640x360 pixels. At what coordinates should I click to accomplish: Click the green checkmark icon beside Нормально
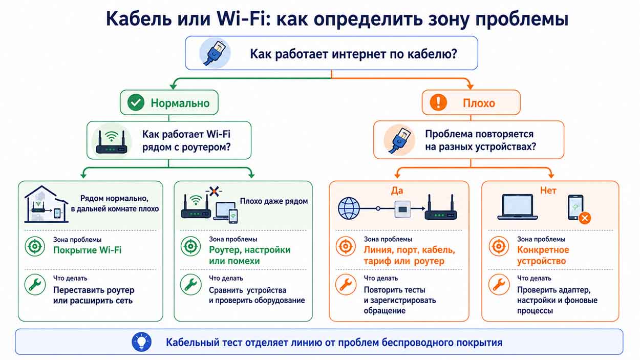coord(136,102)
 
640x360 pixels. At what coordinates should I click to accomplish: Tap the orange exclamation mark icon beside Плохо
coord(438,102)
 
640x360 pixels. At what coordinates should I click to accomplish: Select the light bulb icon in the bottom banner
coord(141,342)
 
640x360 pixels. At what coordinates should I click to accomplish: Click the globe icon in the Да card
coord(349,208)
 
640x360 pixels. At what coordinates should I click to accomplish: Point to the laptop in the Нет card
coord(518,207)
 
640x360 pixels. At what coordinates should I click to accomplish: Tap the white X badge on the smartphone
coord(585,218)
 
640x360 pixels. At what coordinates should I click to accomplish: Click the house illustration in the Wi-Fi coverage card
coord(46,204)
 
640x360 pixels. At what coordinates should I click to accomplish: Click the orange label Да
coord(397,190)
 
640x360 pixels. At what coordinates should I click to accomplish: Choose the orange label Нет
coord(548,190)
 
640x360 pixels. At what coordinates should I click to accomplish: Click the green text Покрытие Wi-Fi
coord(88,250)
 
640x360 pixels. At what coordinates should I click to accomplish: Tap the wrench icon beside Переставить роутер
coord(35,285)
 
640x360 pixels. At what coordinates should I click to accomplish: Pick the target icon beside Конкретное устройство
coord(499,246)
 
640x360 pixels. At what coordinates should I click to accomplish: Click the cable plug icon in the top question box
coord(215,53)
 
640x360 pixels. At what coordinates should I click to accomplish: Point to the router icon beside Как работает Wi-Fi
coord(112,142)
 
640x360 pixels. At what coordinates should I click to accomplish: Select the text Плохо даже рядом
coord(274,201)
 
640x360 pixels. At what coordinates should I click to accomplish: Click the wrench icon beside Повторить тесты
coord(346,285)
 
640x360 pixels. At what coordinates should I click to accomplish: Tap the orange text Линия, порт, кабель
coord(410,250)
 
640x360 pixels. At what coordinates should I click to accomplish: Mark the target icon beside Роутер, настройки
coord(190,246)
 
